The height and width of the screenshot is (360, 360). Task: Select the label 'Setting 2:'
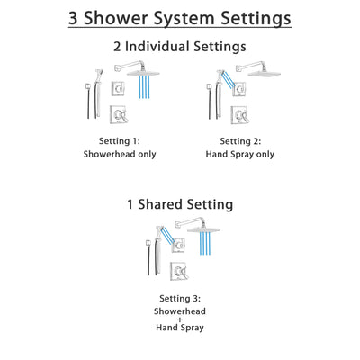(x=242, y=140)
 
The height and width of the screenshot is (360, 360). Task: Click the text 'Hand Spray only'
(x=242, y=154)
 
